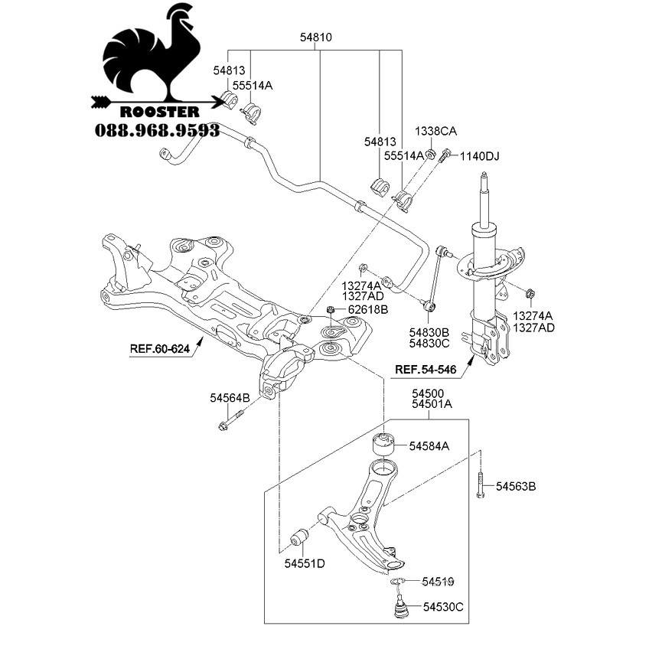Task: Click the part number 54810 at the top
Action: pyautogui.click(x=316, y=38)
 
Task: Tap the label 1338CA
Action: pyautogui.click(x=435, y=131)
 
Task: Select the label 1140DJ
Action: pyautogui.click(x=480, y=156)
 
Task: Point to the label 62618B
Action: pyautogui.click(x=367, y=310)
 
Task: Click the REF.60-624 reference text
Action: pyautogui.click(x=160, y=349)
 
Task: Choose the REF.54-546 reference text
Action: pyautogui.click(x=426, y=369)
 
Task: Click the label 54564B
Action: pyautogui.click(x=230, y=398)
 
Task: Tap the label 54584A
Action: pyautogui.click(x=429, y=446)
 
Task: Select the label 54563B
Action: pyautogui.click(x=516, y=486)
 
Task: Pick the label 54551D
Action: pyautogui.click(x=305, y=563)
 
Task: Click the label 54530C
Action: pyautogui.click(x=443, y=607)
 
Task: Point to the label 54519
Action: pyautogui.click(x=438, y=582)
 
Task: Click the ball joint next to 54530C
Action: pyautogui.click(x=400, y=606)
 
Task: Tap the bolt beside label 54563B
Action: pyautogui.click(x=480, y=484)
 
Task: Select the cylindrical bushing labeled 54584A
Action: pyautogui.click(x=383, y=444)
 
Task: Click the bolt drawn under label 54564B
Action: pyautogui.click(x=230, y=419)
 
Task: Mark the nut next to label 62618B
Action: pyautogui.click(x=331, y=310)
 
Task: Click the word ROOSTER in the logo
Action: pyautogui.click(x=160, y=112)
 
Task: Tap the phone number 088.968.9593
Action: pyautogui.click(x=158, y=131)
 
